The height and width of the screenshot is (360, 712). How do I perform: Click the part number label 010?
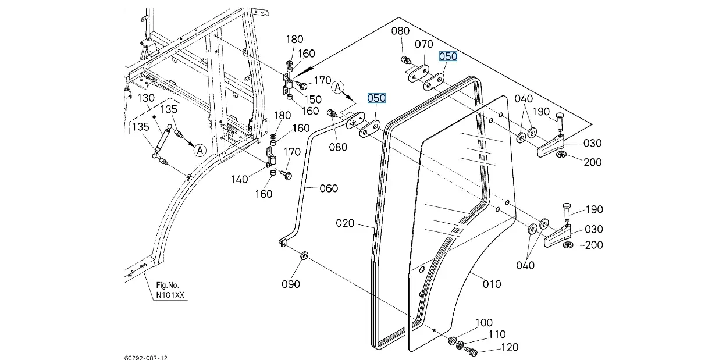[492, 284]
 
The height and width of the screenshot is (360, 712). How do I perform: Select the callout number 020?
[345, 223]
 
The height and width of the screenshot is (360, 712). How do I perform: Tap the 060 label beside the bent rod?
[329, 188]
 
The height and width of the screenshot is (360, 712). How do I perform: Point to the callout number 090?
[290, 284]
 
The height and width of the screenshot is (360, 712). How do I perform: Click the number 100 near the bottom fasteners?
[484, 323]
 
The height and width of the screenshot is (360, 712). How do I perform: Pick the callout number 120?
[510, 348]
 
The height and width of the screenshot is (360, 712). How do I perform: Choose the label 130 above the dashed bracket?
[146, 98]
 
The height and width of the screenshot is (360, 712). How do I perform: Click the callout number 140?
[239, 180]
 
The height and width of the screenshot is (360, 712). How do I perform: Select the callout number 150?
[313, 99]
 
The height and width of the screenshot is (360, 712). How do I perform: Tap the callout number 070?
[423, 44]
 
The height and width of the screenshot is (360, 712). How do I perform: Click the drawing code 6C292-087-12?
[145, 358]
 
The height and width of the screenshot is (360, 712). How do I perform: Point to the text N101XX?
[170, 295]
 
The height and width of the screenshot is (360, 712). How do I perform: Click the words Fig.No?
[168, 285]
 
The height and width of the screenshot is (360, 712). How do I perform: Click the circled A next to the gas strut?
[200, 150]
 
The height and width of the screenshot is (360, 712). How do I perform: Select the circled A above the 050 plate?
[337, 87]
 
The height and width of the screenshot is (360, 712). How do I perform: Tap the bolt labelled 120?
[471, 351]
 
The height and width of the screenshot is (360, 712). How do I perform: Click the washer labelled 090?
[304, 255]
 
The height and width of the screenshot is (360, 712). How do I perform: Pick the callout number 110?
[497, 334]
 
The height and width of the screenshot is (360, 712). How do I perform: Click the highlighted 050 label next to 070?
[448, 56]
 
